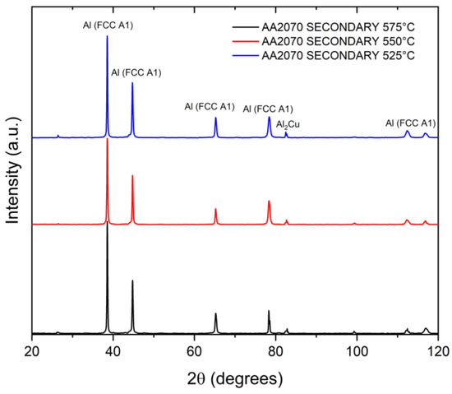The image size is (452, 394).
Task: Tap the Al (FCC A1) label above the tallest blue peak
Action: (x=107, y=25)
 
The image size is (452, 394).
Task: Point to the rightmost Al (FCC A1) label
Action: (x=410, y=123)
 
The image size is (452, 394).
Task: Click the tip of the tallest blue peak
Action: (x=107, y=35)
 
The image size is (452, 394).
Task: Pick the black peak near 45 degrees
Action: (x=132, y=280)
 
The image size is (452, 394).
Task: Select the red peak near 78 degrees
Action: (x=269, y=201)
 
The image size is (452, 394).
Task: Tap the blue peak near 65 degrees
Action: (x=216, y=118)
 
